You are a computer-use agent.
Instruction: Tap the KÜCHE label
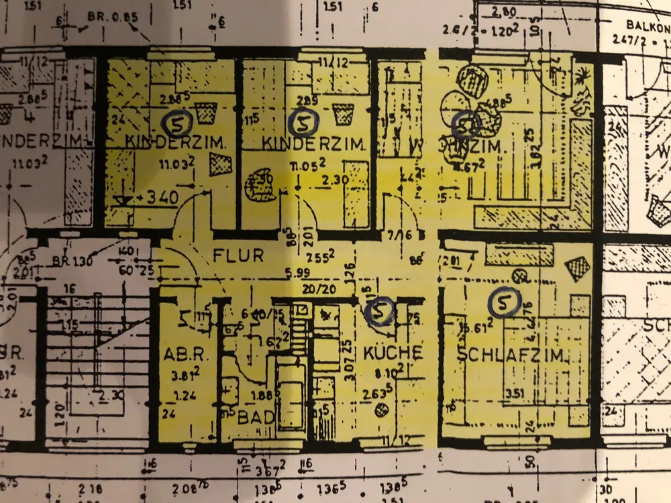tap(393, 352)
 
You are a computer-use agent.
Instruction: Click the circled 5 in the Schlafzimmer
tap(504, 302)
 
